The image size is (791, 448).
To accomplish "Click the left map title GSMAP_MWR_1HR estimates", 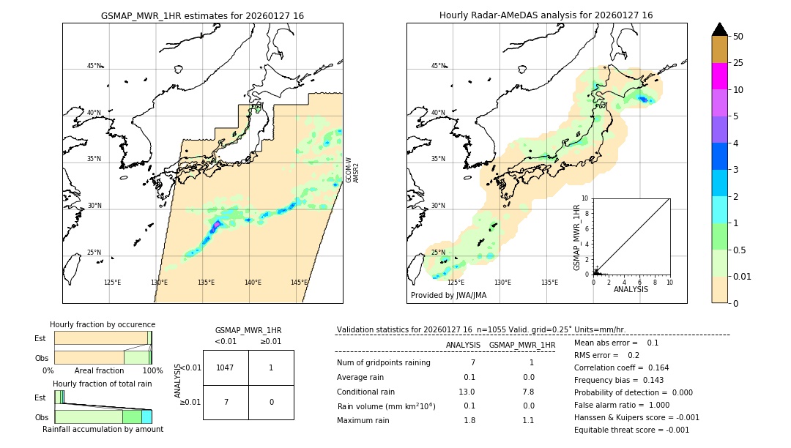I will pyautogui.click(x=202, y=15).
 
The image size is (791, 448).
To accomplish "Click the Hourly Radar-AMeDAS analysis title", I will pyautogui.click(x=546, y=15).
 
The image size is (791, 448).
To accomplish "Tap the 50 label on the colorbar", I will pyautogui.click(x=738, y=37).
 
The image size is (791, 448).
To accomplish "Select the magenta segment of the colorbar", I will pyautogui.click(x=720, y=76).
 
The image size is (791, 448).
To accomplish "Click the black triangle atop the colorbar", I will pyautogui.click(x=720, y=29).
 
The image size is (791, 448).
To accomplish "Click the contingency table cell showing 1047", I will pyautogui.click(x=226, y=367).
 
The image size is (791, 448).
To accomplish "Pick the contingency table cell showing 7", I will pyautogui.click(x=226, y=402).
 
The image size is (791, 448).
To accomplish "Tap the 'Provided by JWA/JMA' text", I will pyautogui.click(x=448, y=295).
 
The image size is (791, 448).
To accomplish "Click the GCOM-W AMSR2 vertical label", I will pyautogui.click(x=352, y=170).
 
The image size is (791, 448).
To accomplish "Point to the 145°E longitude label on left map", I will pyautogui.click(x=299, y=283).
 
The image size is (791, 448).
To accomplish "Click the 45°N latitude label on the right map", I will pyautogui.click(x=437, y=66).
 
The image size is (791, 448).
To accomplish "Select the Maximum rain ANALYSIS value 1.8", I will pyautogui.click(x=469, y=420).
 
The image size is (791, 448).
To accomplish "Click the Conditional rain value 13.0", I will pyautogui.click(x=467, y=392).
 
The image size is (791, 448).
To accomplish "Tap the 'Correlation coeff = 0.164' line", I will pyautogui.click(x=621, y=367).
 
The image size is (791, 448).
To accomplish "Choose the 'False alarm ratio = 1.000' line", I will pyautogui.click(x=622, y=405).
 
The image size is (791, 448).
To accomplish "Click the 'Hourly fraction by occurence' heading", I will pyautogui.click(x=103, y=324).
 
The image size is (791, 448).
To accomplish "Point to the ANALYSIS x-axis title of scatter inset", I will pyautogui.click(x=631, y=289).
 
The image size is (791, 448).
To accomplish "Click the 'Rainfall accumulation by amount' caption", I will pyautogui.click(x=103, y=429).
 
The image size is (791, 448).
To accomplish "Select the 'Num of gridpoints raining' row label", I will pyautogui.click(x=383, y=362).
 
